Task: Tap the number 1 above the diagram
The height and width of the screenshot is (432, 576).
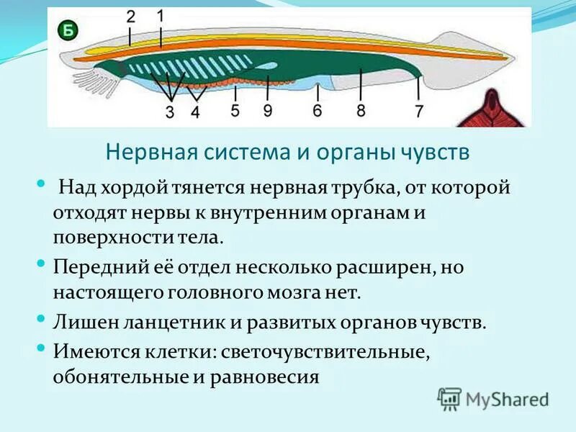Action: click(x=160, y=15)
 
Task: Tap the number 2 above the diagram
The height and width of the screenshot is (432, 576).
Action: click(x=130, y=17)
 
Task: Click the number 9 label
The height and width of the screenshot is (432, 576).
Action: click(x=267, y=110)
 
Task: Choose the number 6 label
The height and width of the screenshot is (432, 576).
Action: click(x=317, y=110)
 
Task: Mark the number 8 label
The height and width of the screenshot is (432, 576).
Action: click(x=361, y=110)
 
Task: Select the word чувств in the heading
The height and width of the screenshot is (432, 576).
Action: click(x=436, y=153)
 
